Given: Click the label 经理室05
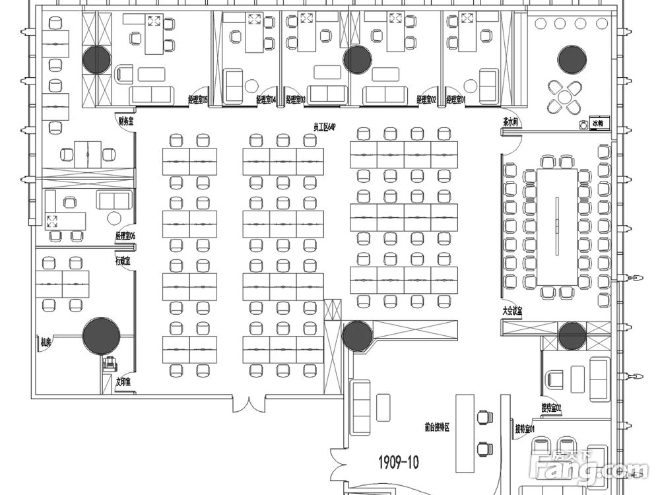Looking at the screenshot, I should tap(197, 100).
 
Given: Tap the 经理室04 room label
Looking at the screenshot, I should tap(265, 100).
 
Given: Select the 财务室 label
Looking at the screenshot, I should tap(126, 121).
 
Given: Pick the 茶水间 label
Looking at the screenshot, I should tap(510, 121).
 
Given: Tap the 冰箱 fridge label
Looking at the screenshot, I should tap(599, 123).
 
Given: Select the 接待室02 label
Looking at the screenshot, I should tap(550, 408).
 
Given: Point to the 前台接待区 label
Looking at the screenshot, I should tap(437, 428).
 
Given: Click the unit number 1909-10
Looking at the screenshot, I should tap(398, 461).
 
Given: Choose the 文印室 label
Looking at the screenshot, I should tap(123, 381).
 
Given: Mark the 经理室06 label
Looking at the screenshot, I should tap(125, 236).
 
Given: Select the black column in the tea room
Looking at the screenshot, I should tap(572, 60).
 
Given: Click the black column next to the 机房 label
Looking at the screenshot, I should tap(101, 336).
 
